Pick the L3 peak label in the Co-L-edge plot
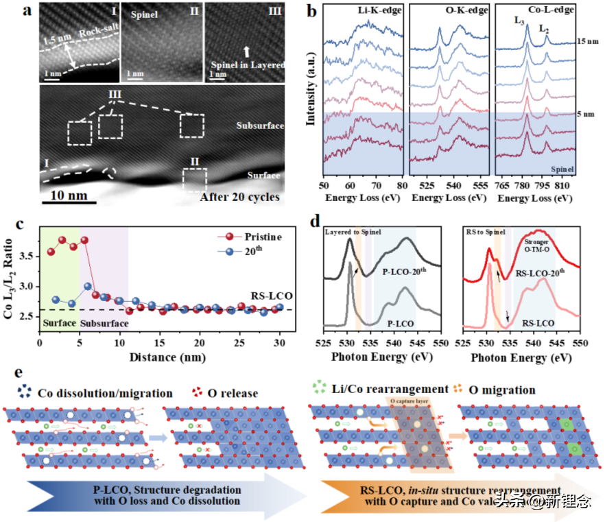click(519, 20)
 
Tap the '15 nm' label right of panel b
click(589, 43)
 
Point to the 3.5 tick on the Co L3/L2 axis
click(25, 256)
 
